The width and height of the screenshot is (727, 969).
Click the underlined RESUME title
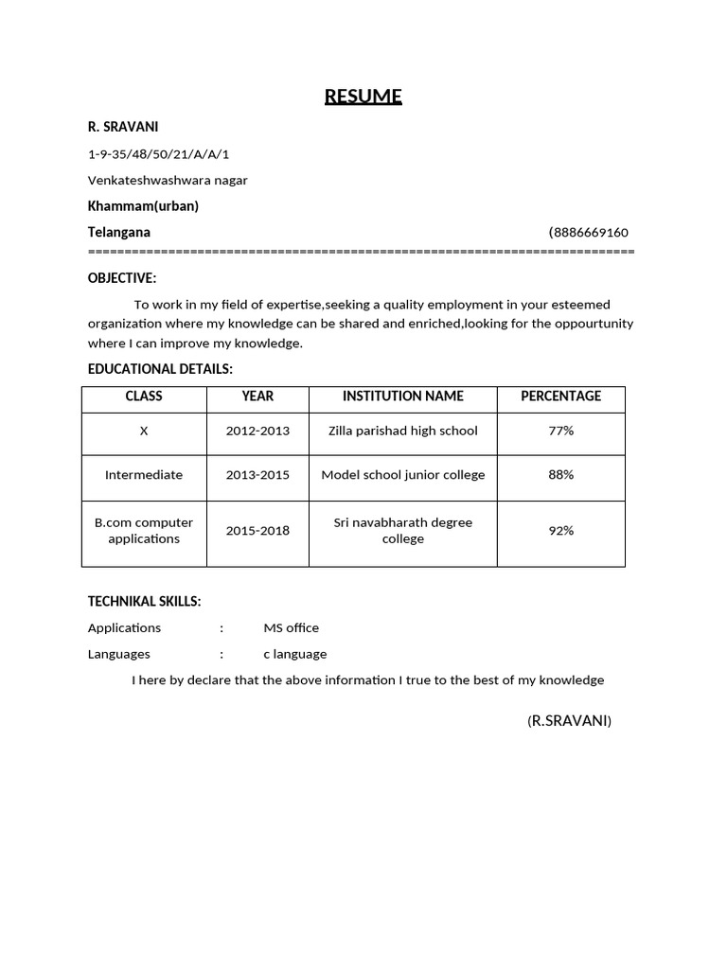coord(363,97)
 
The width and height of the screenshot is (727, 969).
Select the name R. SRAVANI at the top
coord(123,127)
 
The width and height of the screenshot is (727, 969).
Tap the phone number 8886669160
coord(590,233)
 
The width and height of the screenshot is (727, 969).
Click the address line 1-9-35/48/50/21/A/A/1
coord(158,154)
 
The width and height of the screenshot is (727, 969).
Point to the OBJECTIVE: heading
coord(122,278)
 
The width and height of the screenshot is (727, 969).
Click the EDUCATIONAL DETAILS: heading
coord(160,369)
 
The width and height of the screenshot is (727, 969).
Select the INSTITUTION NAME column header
coord(402,396)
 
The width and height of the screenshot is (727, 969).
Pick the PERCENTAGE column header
coord(560,396)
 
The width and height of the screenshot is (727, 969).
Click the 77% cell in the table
coord(560,431)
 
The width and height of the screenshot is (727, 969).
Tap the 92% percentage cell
coord(560,531)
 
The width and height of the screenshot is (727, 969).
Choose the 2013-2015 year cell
coord(257,475)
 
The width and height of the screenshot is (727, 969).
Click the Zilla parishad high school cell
coord(402,431)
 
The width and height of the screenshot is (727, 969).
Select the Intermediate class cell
coord(144,475)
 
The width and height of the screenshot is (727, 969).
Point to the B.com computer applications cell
coord(144,531)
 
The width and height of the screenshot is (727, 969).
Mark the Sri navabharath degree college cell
coord(402,531)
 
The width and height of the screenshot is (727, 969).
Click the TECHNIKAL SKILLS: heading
coord(144,602)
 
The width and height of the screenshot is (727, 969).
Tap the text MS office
coord(291,628)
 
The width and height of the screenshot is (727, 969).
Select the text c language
coord(294,654)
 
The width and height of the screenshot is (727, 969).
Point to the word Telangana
coord(119,232)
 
